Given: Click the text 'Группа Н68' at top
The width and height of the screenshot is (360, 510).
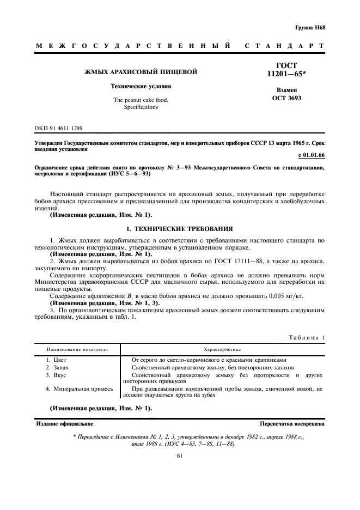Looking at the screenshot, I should pyautogui.click(x=310, y=27).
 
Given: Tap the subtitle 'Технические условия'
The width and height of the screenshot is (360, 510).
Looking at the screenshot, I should pyautogui.click(x=141, y=86).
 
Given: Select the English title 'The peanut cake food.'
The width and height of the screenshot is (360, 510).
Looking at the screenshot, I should pyautogui.click(x=141, y=100).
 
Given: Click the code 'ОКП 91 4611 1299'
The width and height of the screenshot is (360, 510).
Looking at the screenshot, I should pyautogui.click(x=59, y=129).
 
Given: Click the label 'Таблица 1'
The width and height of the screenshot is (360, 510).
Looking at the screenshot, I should pyautogui.click(x=307, y=337).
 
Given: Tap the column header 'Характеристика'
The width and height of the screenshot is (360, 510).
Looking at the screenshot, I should pyautogui.click(x=222, y=349).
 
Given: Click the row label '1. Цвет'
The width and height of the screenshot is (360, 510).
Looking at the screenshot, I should pyautogui.click(x=56, y=360).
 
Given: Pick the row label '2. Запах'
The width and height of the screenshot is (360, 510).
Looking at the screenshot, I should pyautogui.click(x=58, y=368).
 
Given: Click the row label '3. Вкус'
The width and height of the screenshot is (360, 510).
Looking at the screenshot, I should pyautogui.click(x=56, y=375).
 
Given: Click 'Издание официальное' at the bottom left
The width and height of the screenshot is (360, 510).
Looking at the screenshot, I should pyautogui.click(x=64, y=423).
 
